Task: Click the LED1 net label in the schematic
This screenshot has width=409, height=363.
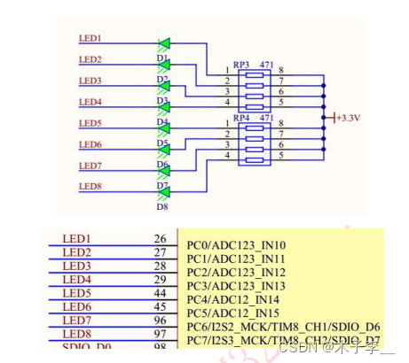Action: (x=90, y=39)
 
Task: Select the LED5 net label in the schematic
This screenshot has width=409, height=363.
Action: (x=90, y=123)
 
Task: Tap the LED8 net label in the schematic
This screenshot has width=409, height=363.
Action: (x=90, y=186)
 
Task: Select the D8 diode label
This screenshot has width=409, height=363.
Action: (x=162, y=206)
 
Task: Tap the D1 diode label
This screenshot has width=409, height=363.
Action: (x=162, y=58)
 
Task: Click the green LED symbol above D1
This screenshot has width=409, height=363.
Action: (x=163, y=42)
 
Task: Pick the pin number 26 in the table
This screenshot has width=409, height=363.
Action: (x=160, y=239)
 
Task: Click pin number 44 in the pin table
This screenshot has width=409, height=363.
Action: (x=160, y=292)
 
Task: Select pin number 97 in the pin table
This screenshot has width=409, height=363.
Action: (x=160, y=333)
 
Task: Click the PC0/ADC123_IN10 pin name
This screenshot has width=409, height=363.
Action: (x=236, y=245)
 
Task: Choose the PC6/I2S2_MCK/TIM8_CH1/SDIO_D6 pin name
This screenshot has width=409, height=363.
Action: (x=283, y=328)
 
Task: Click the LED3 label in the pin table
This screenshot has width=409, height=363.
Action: (x=77, y=266)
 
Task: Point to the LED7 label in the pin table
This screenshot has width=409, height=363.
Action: (x=77, y=320)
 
